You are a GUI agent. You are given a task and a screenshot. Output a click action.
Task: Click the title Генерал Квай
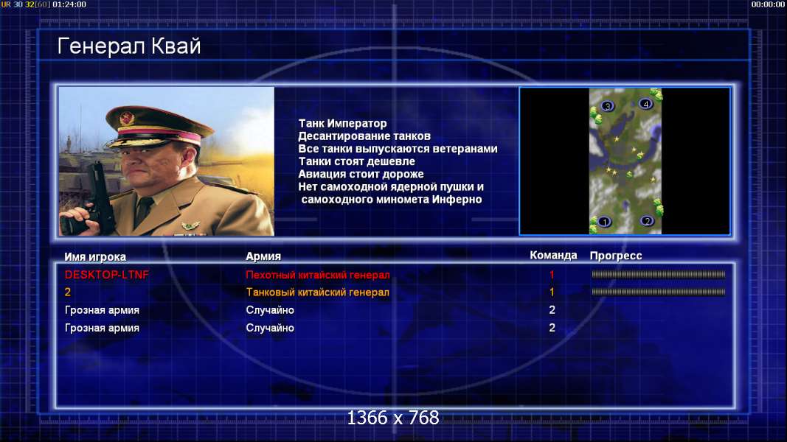[129, 46]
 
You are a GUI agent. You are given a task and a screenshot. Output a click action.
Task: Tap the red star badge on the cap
[127, 118]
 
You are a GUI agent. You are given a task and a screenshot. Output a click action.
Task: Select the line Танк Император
[342, 123]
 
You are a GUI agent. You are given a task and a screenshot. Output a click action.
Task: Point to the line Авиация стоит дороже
[361, 174]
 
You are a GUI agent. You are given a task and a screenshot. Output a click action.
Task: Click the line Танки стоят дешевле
[356, 161]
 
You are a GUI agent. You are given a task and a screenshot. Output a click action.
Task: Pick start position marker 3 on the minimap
[607, 106]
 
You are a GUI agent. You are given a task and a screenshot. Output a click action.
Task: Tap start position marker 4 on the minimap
[645, 104]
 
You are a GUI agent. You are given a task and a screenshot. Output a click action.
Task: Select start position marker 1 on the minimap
[604, 222]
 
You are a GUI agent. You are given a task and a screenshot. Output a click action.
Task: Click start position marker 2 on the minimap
[647, 220]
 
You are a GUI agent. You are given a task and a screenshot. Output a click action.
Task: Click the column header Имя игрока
[95, 256]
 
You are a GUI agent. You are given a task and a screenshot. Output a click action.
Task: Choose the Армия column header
[263, 256]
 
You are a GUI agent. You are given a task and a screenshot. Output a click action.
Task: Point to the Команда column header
[553, 255]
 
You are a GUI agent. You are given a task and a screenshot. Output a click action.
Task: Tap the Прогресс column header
[616, 256]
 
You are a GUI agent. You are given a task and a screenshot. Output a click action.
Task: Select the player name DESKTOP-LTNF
[107, 275]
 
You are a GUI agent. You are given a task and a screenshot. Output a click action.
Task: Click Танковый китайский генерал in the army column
[318, 292]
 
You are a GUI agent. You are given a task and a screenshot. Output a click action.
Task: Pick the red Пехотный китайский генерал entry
[318, 275]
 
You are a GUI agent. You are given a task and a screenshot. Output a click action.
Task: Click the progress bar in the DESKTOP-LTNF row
[658, 274]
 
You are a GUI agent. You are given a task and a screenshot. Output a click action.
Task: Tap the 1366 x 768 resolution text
[393, 418]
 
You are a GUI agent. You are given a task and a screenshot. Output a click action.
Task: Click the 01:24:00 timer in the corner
[69, 4]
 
